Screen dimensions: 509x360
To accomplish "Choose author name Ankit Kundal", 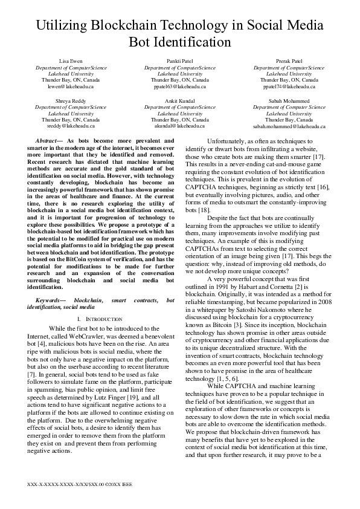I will tap(179, 101).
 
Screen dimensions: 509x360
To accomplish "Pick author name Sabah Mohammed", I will tap(289, 101).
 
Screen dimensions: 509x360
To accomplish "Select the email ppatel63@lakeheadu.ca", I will tap(179, 86).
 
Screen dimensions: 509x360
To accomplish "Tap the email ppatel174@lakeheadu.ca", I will tap(289, 86).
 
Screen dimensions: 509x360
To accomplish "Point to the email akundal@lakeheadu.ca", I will tap(179, 126).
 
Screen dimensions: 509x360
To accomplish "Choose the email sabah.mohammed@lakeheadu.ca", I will tap(289, 126).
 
